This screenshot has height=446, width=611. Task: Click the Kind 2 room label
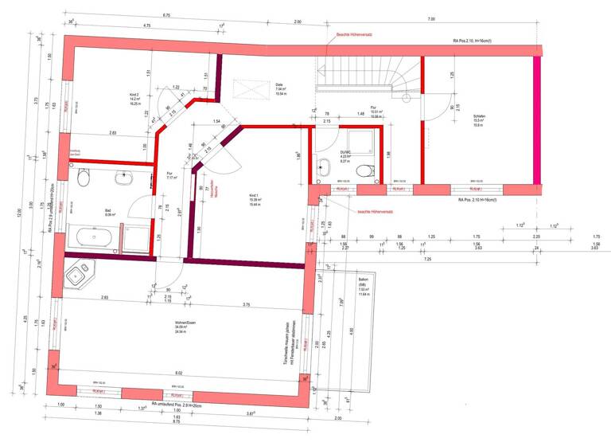[x=133, y=99]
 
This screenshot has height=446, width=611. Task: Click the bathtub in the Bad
[x=94, y=237]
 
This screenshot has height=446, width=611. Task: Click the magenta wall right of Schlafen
[x=538, y=119]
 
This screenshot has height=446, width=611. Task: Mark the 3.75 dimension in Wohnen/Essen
[x=247, y=305]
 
